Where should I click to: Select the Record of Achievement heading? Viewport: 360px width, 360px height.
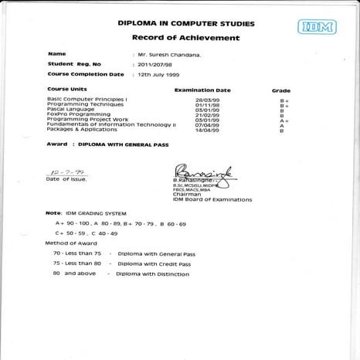(x=185, y=37)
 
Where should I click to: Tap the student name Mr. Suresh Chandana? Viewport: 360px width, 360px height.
(x=172, y=55)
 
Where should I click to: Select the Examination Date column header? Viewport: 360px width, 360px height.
(x=202, y=90)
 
